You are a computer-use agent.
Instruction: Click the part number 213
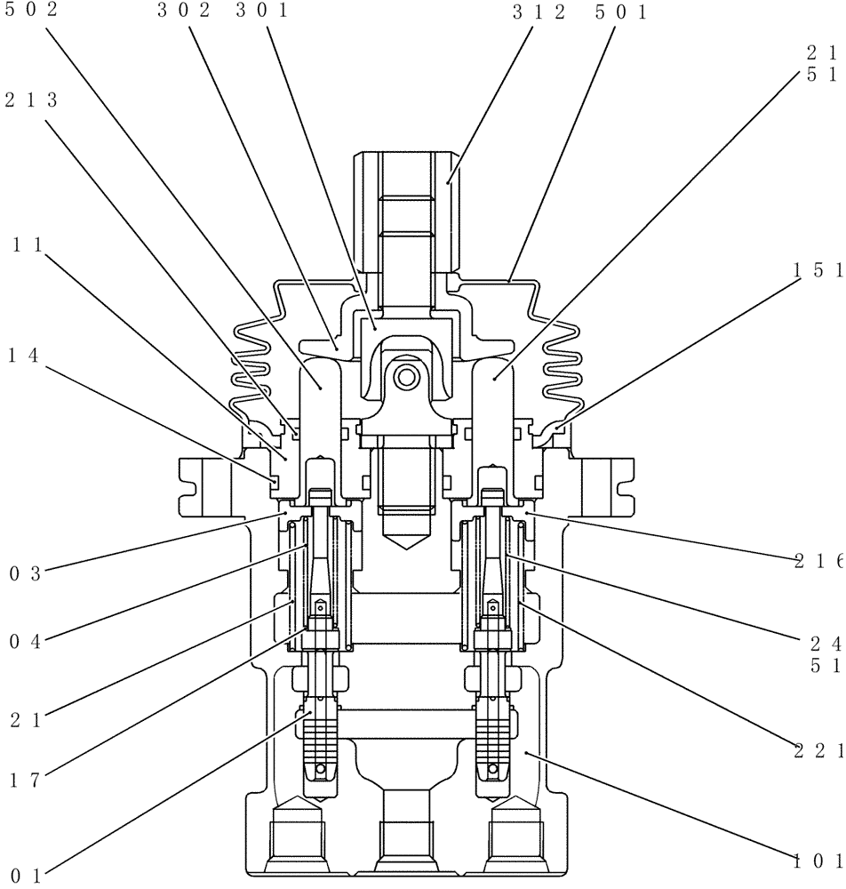pyautogui.click(x=31, y=100)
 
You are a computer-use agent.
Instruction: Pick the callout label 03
pyautogui.click(x=24, y=573)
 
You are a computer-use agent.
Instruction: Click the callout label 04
pyautogui.click(x=24, y=641)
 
